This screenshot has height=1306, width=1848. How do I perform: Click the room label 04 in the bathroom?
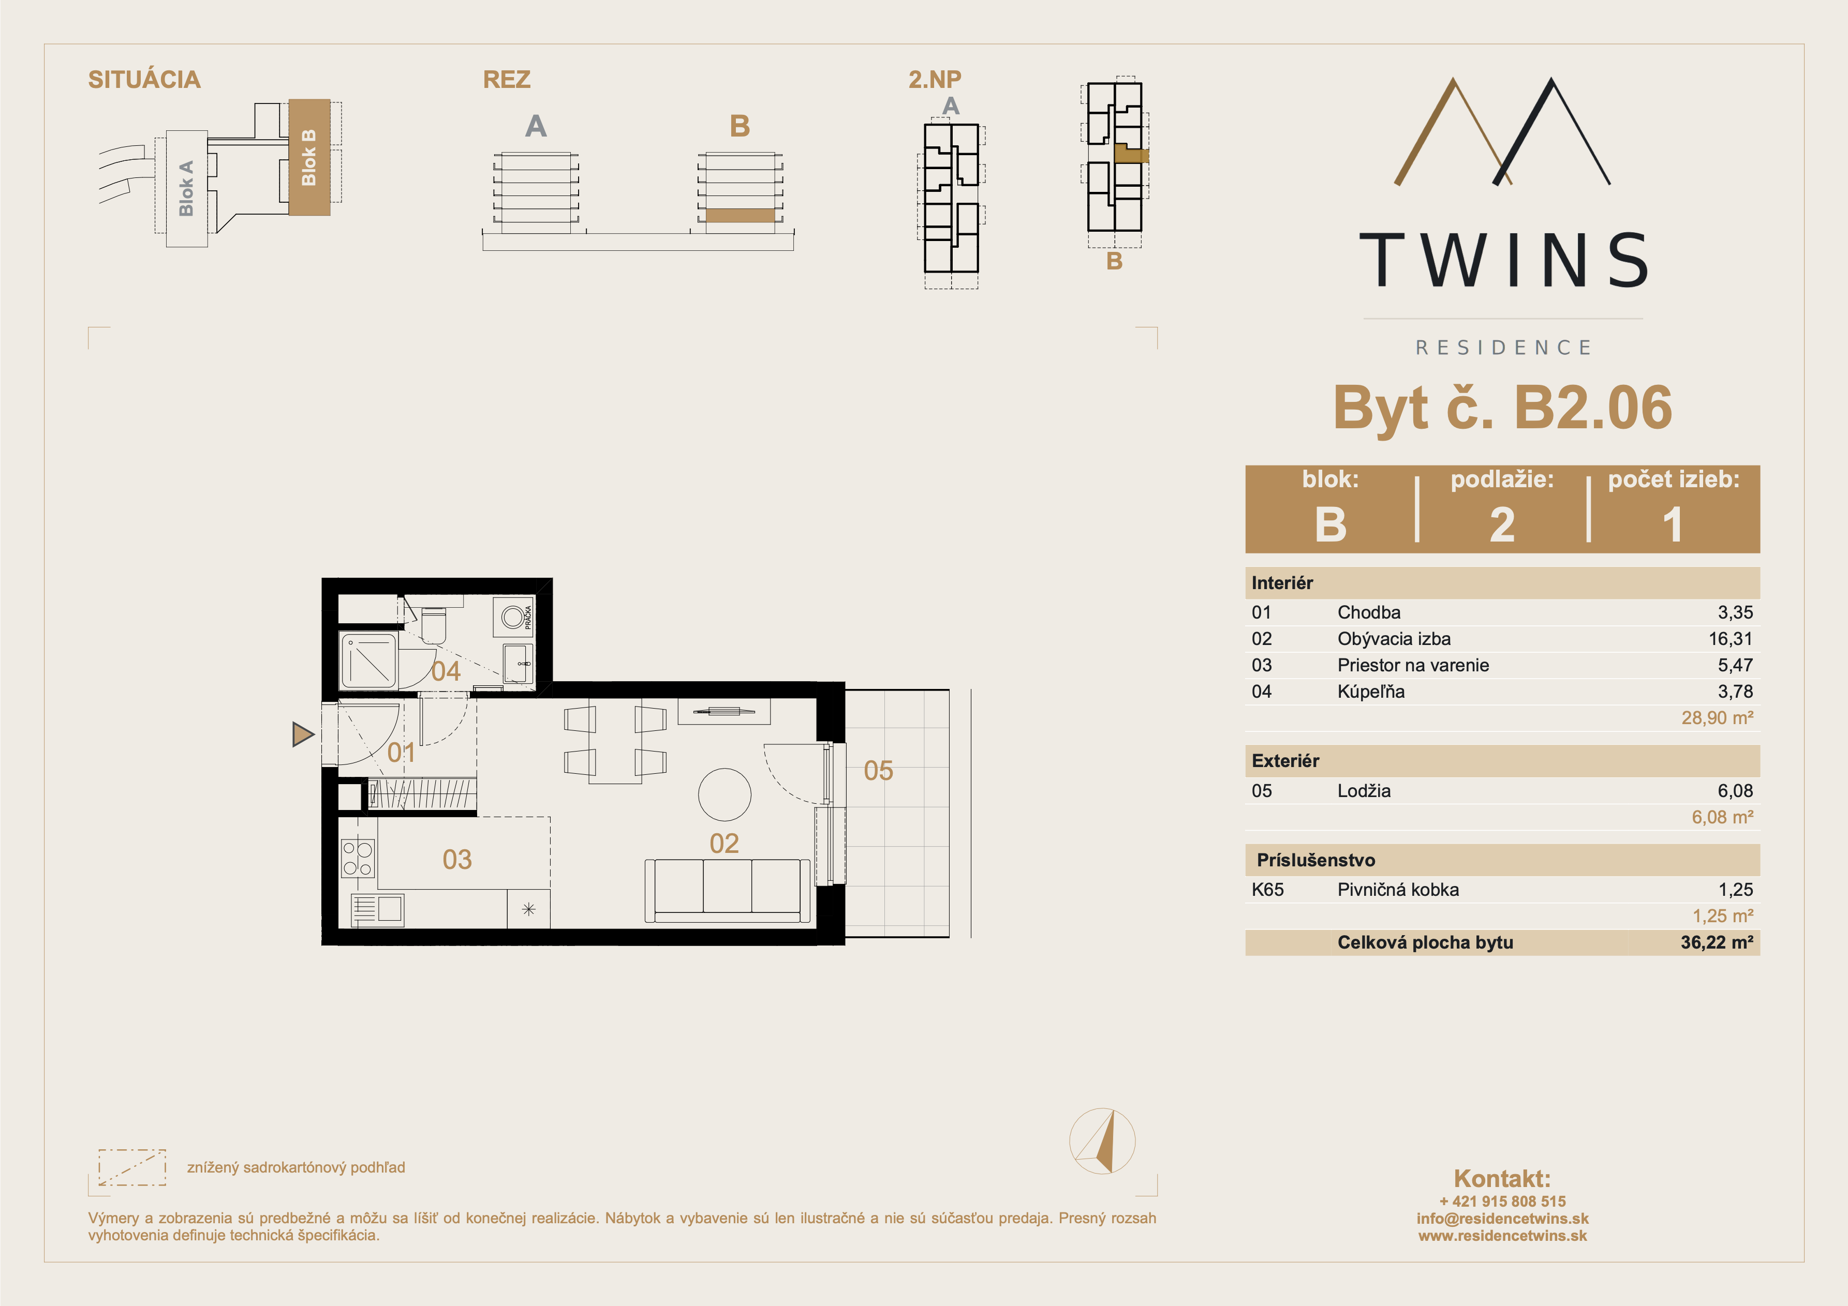446,671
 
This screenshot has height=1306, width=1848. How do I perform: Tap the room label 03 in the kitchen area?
457,860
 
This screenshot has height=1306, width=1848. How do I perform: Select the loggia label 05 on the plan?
878,771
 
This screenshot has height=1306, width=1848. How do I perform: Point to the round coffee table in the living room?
725,794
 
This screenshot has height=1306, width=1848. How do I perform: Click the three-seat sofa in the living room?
728,891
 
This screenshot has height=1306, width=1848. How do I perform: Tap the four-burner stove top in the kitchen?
358,858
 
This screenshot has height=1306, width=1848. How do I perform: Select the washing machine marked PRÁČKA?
513,618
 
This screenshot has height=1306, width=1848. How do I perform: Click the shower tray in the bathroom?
369,660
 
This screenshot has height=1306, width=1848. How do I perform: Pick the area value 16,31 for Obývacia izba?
1731,639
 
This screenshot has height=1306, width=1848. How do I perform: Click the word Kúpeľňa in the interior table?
1371,691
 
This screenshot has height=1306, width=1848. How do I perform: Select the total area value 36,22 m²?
1717,942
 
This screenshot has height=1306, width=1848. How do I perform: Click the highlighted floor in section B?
740,216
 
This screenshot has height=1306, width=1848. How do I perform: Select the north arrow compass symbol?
1102,1141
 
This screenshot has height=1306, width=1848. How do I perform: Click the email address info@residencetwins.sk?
1503,1218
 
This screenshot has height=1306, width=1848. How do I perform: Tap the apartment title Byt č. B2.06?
1503,407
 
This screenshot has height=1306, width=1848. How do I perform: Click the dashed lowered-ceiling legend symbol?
132,1167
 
